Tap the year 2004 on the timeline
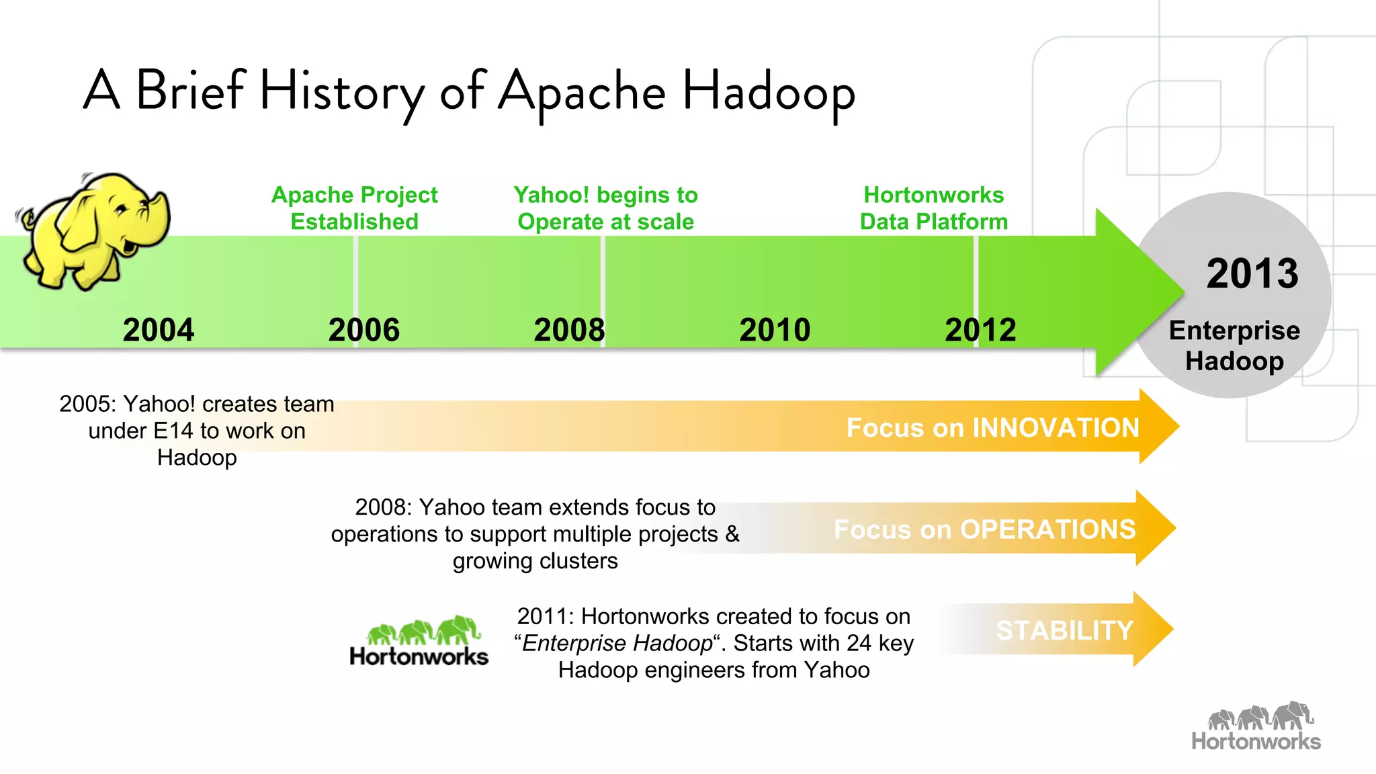click(x=159, y=330)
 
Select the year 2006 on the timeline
click(x=363, y=330)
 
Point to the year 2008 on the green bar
click(x=569, y=330)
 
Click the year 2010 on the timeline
click(x=775, y=330)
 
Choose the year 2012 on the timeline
click(x=980, y=330)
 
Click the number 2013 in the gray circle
click(x=1252, y=273)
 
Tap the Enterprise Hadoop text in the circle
click(x=1234, y=345)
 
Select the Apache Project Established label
click(x=354, y=208)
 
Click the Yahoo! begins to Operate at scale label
click(x=605, y=208)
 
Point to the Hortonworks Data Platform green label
click(x=933, y=208)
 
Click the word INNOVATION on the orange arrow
click(x=1056, y=428)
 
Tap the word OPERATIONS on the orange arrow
click(x=1047, y=529)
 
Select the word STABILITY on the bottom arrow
click(x=1064, y=630)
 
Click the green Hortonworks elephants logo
click(x=419, y=642)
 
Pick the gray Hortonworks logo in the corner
click(x=1256, y=727)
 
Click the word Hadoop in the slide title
click(x=769, y=92)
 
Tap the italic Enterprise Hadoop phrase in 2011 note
click(x=617, y=643)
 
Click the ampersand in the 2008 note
click(x=732, y=534)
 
